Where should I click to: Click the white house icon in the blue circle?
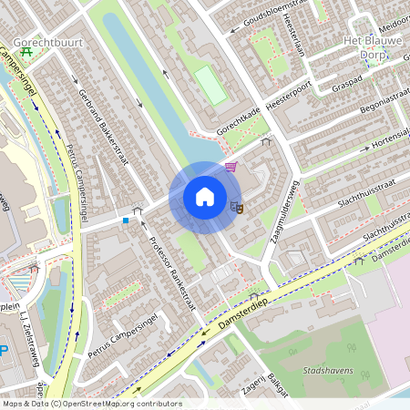(x=205, y=197)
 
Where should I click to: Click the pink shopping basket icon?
(x=231, y=167)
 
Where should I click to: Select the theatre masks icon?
(x=237, y=206)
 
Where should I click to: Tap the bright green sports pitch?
(x=210, y=85)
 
